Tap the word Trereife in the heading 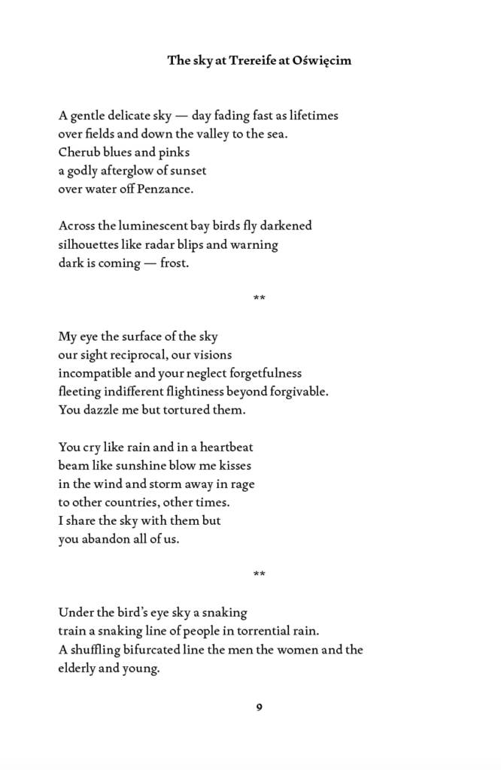click(x=254, y=61)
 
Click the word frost click(x=174, y=263)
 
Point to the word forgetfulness click(x=261, y=373)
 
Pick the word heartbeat click(x=226, y=447)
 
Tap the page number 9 click(x=259, y=707)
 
